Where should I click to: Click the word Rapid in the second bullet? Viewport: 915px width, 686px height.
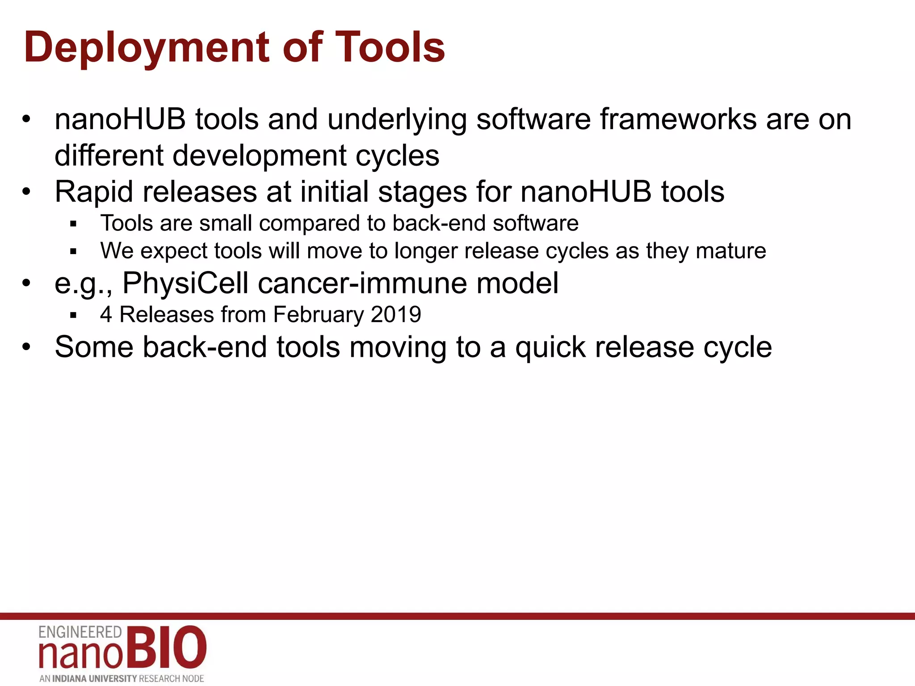pyautogui.click(x=94, y=192)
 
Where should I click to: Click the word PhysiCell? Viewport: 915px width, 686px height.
pyautogui.click(x=185, y=284)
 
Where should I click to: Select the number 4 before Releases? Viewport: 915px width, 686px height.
pyautogui.click(x=106, y=314)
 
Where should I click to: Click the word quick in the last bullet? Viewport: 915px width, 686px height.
pyautogui.click(x=550, y=347)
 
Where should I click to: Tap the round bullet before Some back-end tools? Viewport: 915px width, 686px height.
pyautogui.click(x=26, y=347)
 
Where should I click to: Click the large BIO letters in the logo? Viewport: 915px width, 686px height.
pyautogui.click(x=165, y=647)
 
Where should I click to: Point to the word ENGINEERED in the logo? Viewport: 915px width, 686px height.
pyautogui.click(x=80, y=632)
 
